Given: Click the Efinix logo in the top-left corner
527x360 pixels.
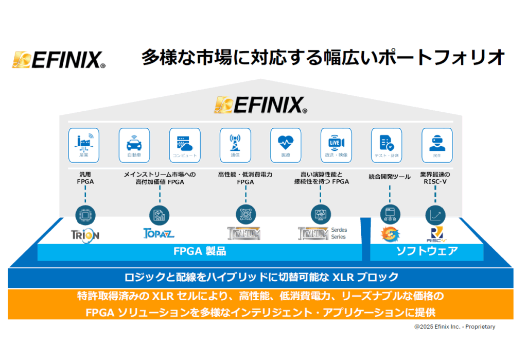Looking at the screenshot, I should pos(59,60).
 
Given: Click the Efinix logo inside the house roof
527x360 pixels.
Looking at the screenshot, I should pos(261,105).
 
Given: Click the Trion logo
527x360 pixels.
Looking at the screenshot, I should pos(85,234).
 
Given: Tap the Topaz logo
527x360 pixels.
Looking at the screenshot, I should pos(159,233).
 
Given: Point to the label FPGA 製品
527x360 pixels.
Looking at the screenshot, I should pos(199,252).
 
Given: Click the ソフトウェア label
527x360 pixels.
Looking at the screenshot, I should pos(427,251).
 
